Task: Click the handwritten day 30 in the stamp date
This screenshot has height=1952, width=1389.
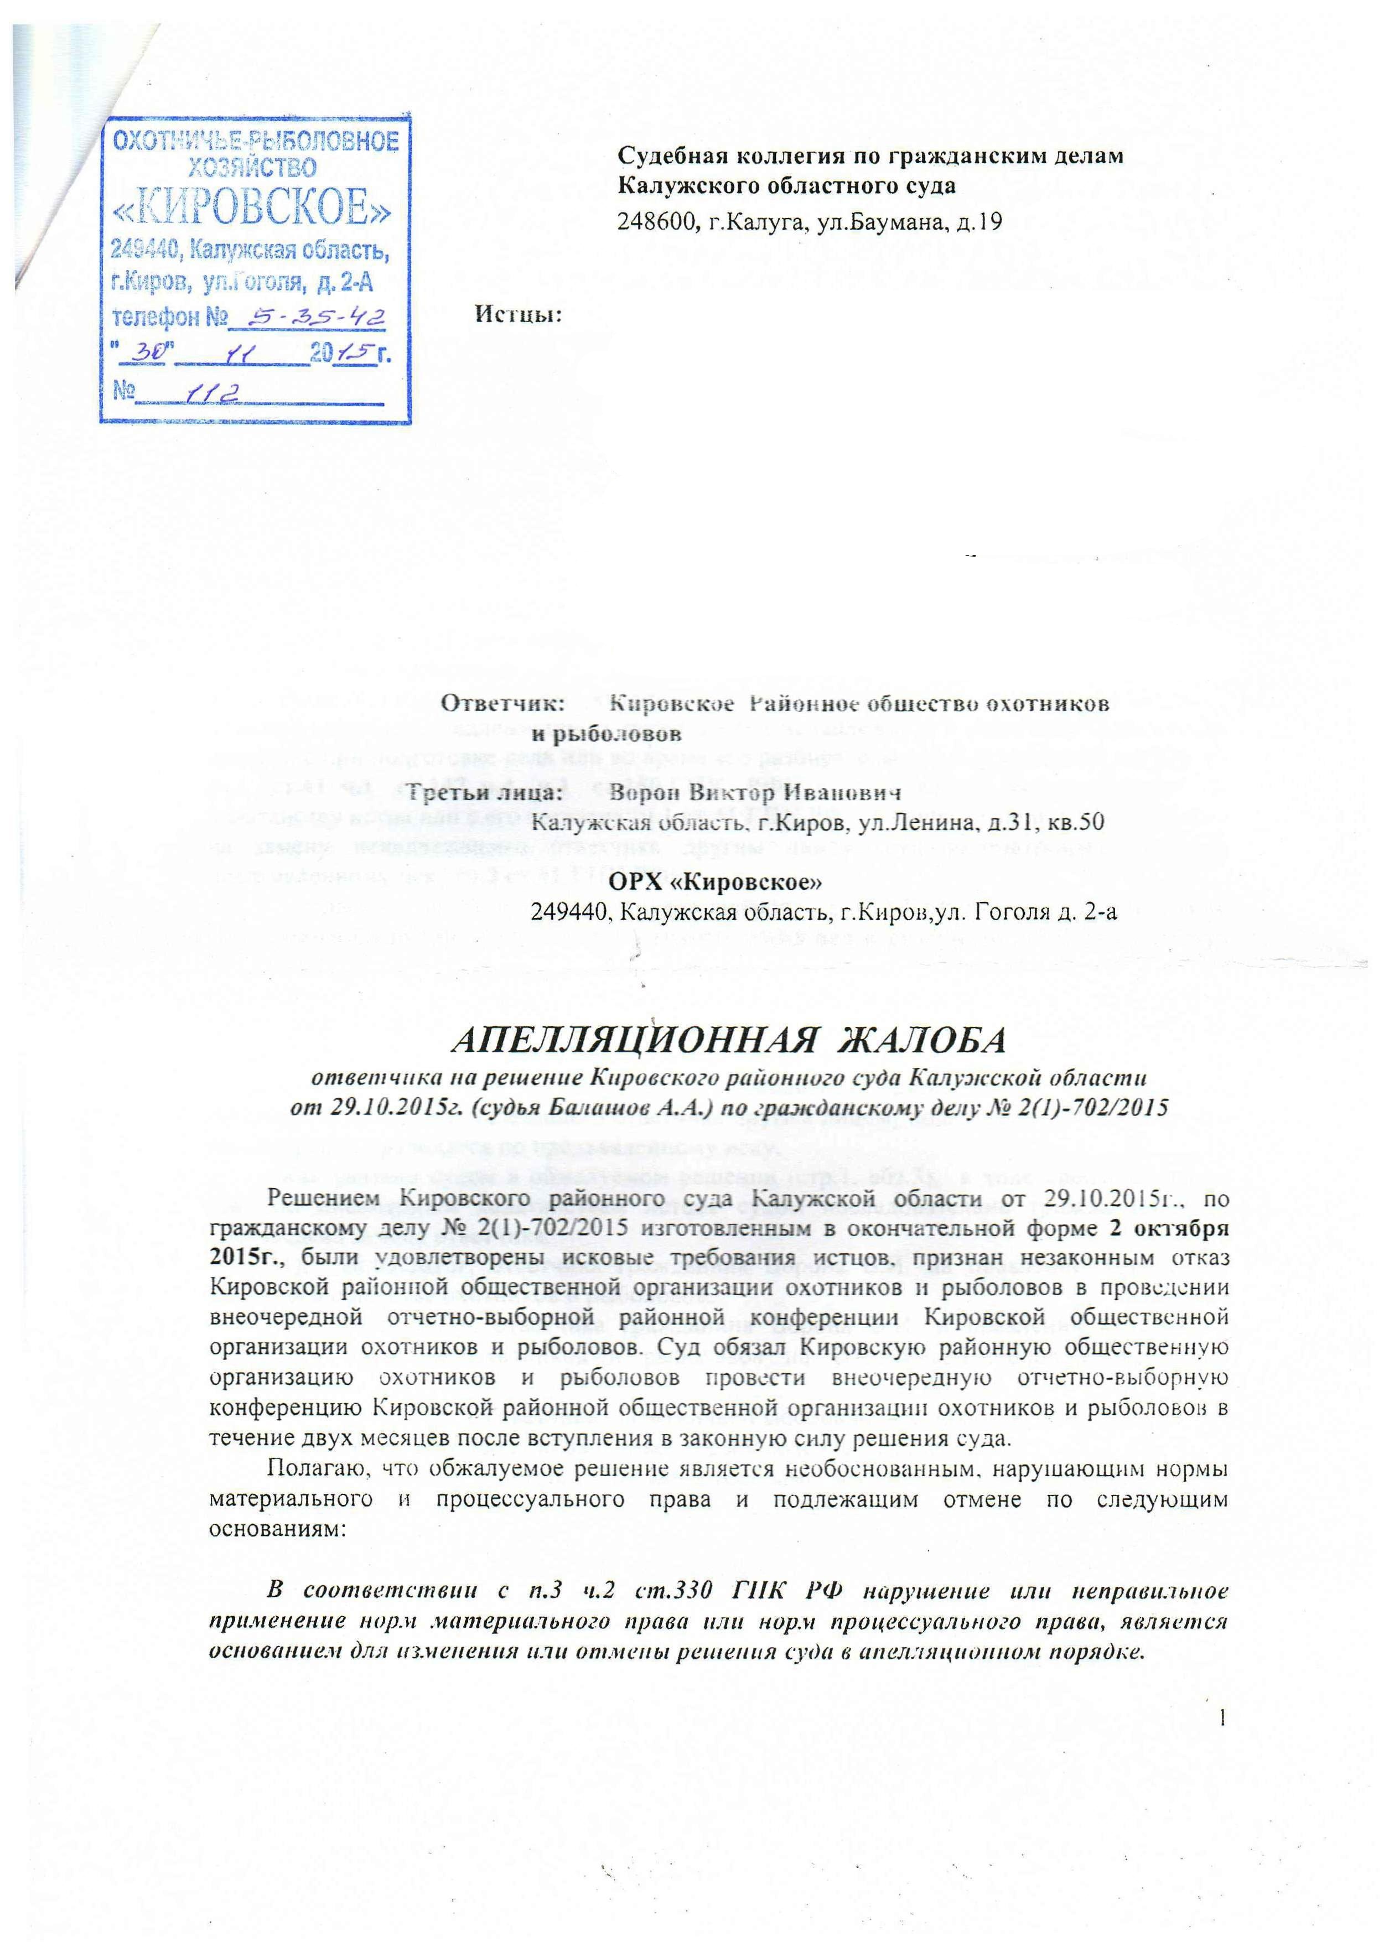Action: pos(149,352)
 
